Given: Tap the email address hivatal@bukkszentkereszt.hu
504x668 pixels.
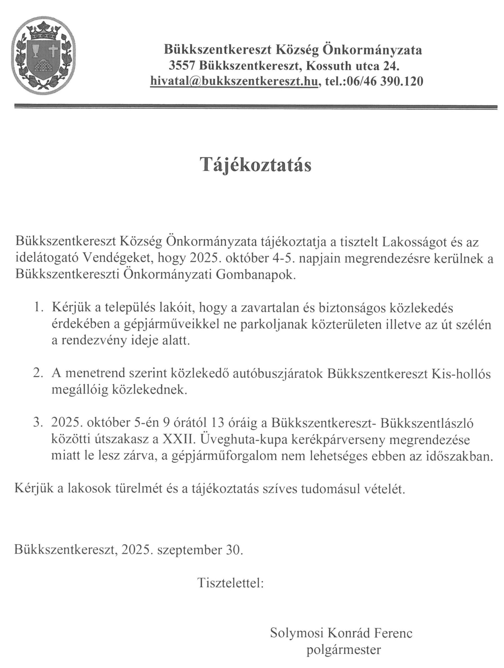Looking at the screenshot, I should coord(234,81).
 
